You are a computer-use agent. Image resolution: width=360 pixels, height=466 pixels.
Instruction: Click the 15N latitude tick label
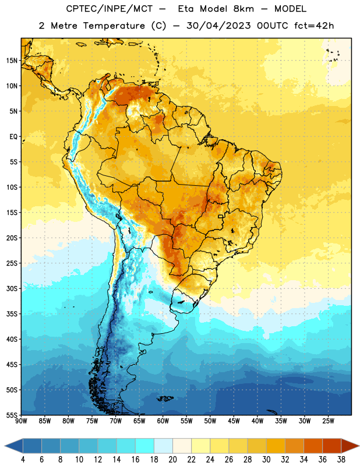12,61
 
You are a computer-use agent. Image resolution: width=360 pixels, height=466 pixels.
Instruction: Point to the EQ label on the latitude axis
13,137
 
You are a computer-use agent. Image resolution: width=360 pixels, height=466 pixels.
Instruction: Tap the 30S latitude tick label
12,288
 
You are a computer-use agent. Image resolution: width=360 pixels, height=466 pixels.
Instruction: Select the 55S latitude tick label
12,415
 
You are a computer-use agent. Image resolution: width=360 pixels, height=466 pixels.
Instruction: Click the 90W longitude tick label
21,421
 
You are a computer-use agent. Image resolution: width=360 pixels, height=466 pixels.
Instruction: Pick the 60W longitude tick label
163,421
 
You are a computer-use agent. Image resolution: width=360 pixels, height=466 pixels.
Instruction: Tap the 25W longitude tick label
328,421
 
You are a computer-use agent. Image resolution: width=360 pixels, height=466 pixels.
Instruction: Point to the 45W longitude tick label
234,421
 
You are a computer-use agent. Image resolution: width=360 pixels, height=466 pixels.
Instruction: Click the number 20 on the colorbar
172,460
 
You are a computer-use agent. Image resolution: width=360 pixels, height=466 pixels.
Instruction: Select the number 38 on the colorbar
341,460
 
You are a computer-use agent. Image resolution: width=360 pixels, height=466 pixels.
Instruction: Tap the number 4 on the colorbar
23,460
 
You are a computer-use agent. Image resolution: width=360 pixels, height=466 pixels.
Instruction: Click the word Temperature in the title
114,26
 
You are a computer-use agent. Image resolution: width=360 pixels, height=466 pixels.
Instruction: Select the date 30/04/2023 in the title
219,26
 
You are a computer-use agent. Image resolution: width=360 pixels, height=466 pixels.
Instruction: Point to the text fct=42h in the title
314,26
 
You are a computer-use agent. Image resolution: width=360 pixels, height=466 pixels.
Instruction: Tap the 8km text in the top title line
243,9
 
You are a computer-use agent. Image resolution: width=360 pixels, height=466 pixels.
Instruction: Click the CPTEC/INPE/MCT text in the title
110,9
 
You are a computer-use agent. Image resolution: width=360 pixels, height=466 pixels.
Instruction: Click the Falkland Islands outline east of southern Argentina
165,398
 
